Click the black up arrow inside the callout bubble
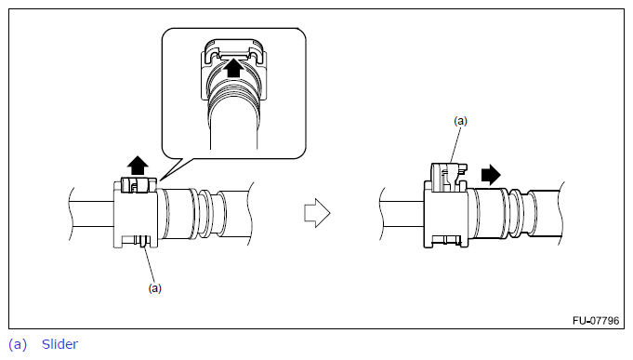233,68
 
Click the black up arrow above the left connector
138,166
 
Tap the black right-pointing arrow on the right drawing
491,175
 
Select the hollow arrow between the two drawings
317,212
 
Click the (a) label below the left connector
154,288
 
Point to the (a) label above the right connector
460,121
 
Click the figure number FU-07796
596,320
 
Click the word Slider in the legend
59,344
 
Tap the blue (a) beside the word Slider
18,344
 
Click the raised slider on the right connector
448,177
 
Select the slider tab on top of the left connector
138,185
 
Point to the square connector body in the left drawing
135,214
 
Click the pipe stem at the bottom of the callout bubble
233,129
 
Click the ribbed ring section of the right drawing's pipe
518,213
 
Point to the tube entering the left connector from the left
92,214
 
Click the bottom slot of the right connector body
446,241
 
